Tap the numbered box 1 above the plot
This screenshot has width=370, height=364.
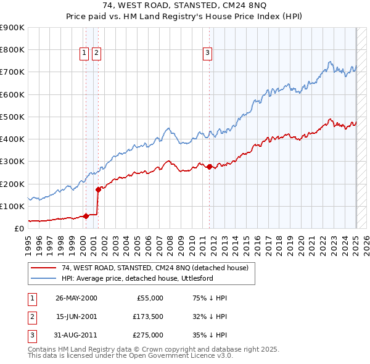pyautogui.click(x=84, y=54)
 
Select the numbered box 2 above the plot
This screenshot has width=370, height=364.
pyautogui.click(x=97, y=54)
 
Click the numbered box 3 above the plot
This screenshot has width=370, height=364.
pyautogui.click(x=207, y=54)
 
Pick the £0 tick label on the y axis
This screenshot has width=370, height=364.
pyautogui.click(x=18, y=229)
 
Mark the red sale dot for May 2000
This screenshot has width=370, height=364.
pyautogui.click(x=86, y=216)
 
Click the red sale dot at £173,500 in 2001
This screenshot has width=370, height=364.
pyautogui.click(x=97, y=189)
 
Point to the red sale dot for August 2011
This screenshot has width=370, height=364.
pyautogui.click(x=209, y=167)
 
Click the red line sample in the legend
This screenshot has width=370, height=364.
pyautogui.click(x=43, y=268)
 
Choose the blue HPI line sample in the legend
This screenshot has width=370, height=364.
pyautogui.click(x=43, y=278)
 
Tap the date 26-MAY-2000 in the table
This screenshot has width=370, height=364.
pyautogui.click(x=76, y=298)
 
